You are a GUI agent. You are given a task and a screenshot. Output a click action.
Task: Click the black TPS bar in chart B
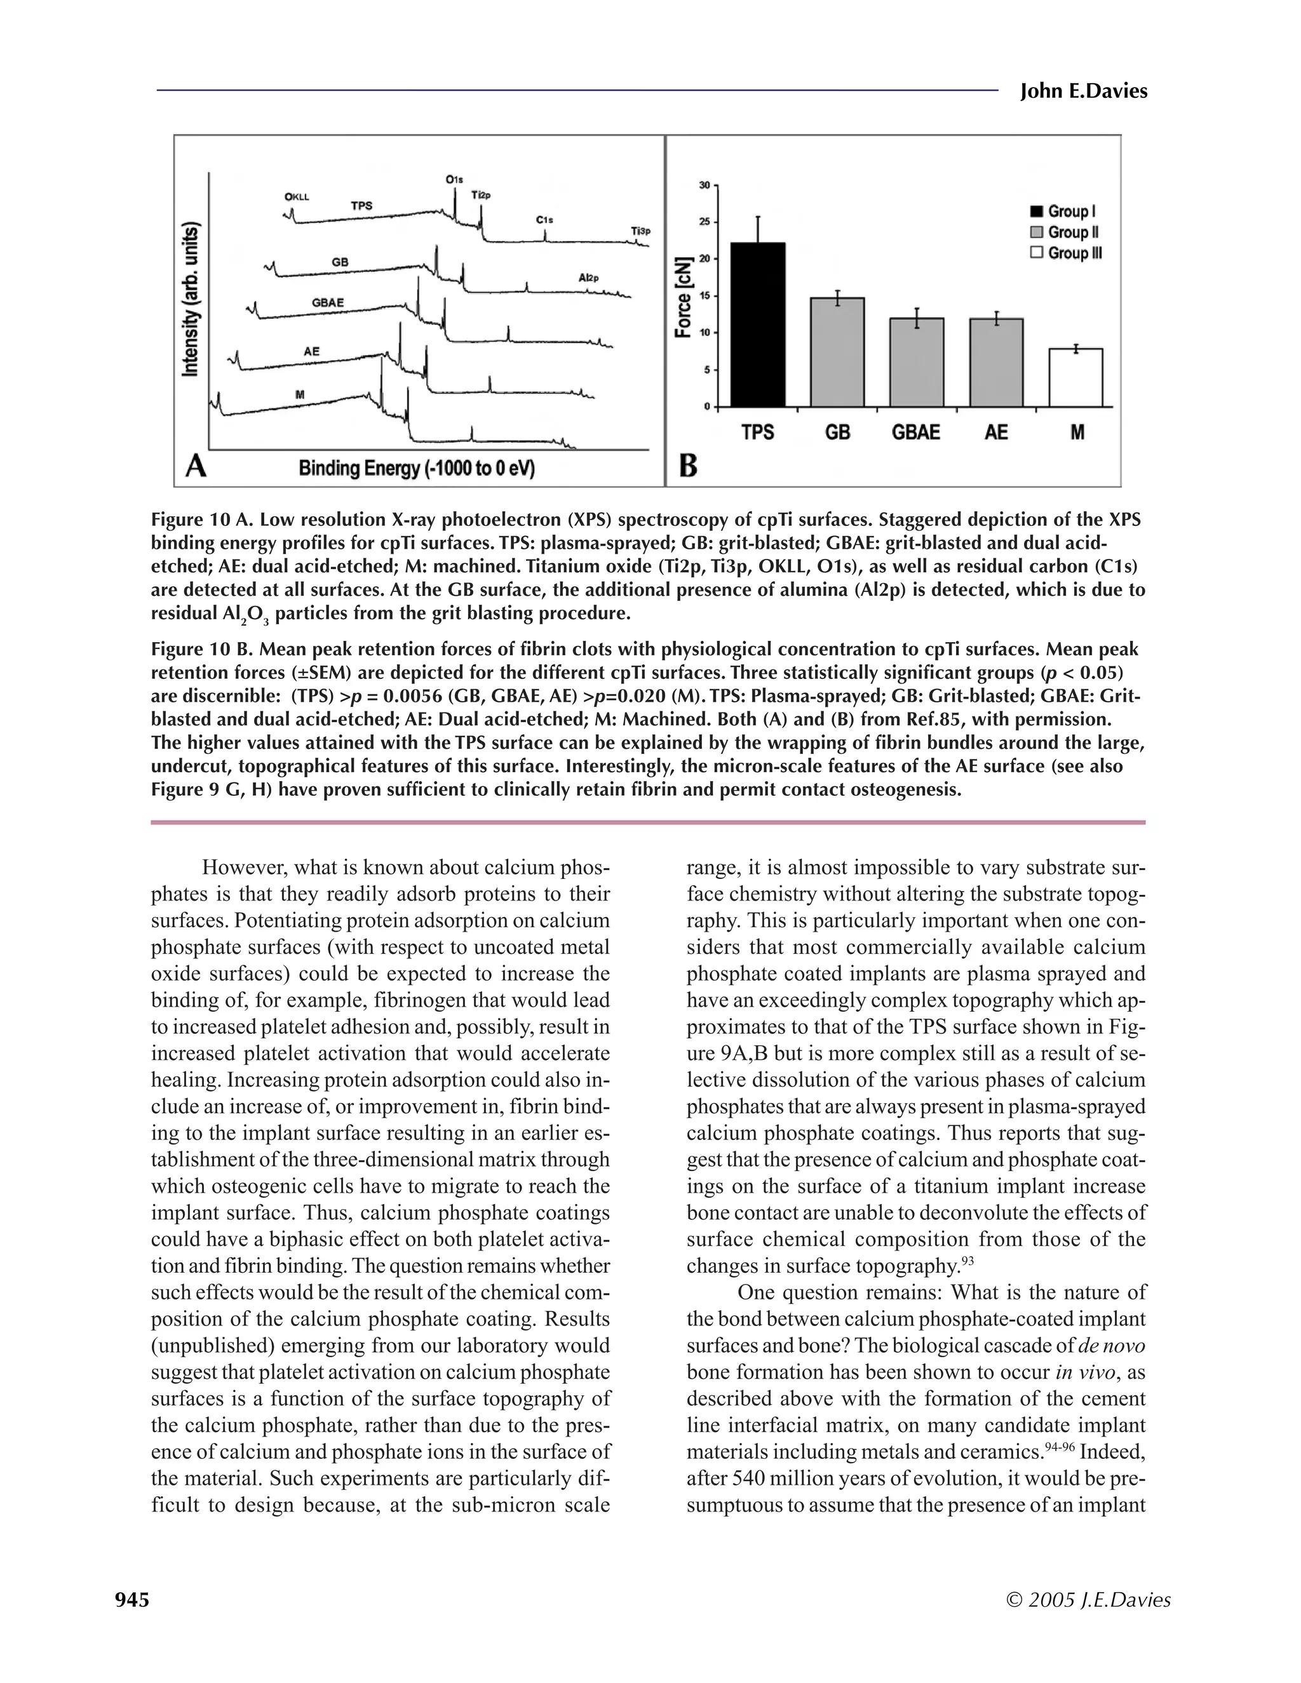[x=758, y=325]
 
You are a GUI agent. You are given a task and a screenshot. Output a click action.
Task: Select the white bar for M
[x=1076, y=378]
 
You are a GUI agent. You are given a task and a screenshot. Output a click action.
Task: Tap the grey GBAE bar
[x=917, y=362]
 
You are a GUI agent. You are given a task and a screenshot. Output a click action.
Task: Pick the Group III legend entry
[x=1066, y=253]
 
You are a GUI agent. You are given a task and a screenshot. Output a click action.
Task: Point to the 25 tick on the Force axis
[x=704, y=222]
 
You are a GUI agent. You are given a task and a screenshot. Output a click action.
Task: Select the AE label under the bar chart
[x=996, y=433]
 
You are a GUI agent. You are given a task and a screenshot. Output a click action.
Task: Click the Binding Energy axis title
[x=417, y=468]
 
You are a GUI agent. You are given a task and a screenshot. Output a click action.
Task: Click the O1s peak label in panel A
[x=454, y=180]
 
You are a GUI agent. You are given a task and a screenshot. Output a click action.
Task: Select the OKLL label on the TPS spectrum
[x=297, y=196]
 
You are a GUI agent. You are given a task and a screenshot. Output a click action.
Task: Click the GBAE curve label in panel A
[x=328, y=303]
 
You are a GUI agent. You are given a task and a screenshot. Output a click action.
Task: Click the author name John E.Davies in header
[x=1083, y=91]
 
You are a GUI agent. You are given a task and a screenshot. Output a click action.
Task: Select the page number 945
[x=131, y=1600]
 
